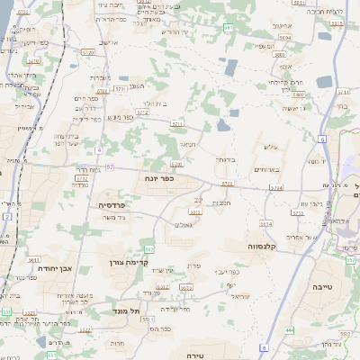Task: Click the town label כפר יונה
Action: click(x=159, y=178)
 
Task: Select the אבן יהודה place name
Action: click(x=53, y=267)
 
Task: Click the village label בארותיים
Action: click(x=269, y=169)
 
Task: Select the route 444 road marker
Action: click(x=290, y=331)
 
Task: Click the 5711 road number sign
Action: click(x=177, y=122)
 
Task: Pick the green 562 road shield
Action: click(x=149, y=247)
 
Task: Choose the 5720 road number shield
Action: click(x=89, y=54)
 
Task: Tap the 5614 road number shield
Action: click(x=265, y=222)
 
